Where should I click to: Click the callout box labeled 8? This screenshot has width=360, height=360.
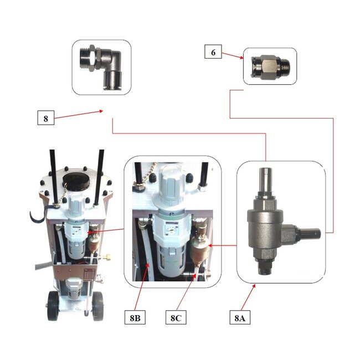(x=46, y=118)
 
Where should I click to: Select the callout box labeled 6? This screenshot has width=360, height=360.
(x=213, y=52)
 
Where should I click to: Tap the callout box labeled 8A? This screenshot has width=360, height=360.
(x=240, y=317)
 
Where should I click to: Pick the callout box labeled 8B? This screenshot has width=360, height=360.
(x=135, y=317)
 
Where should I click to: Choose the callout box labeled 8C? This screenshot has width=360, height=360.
(x=176, y=317)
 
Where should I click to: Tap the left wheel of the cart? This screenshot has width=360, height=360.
(x=53, y=306)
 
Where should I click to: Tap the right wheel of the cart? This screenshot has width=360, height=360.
(x=98, y=306)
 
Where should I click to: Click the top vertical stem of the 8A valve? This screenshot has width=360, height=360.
(x=265, y=181)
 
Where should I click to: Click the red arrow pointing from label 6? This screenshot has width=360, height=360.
(x=233, y=55)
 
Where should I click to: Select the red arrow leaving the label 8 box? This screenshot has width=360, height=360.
(x=79, y=114)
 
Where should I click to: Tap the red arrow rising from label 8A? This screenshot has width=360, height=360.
(x=248, y=297)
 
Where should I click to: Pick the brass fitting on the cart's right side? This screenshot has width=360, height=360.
(x=107, y=256)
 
